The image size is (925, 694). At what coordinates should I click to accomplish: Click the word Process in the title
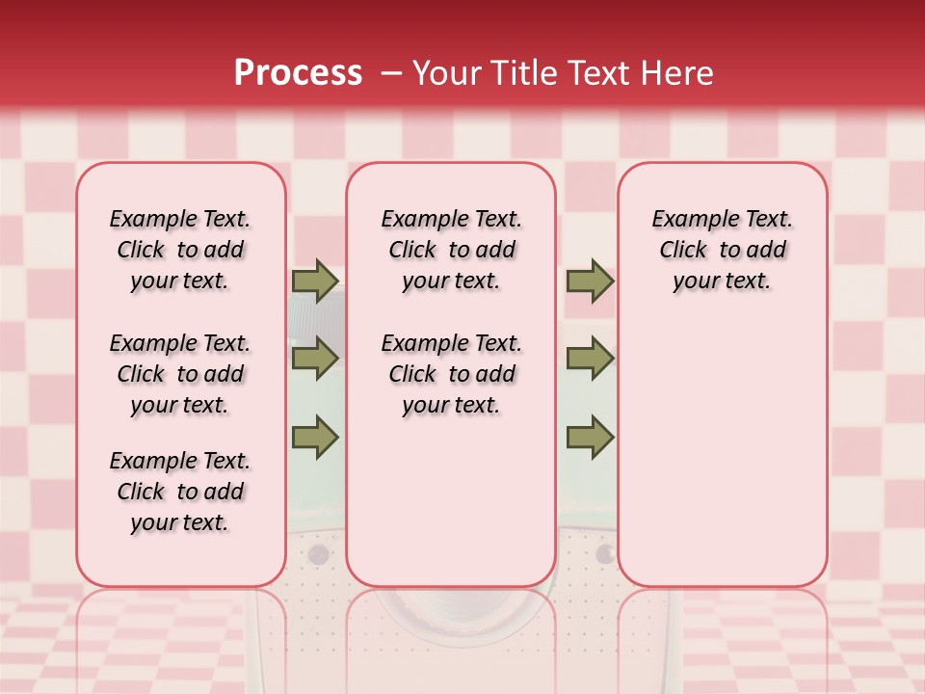click(x=298, y=73)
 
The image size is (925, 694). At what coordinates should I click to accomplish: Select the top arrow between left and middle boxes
click(x=315, y=281)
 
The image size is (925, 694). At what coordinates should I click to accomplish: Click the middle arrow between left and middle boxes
click(x=315, y=359)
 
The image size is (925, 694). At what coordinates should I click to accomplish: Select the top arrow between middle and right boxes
click(x=590, y=281)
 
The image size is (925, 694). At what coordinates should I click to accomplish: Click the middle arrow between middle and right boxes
click(x=590, y=359)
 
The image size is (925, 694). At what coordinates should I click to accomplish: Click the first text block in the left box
click(x=180, y=250)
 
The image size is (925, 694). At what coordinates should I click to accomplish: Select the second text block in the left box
click(x=180, y=374)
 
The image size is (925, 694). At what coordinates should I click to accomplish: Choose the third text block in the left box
click(x=180, y=492)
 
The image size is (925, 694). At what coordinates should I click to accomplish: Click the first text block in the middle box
click(x=451, y=250)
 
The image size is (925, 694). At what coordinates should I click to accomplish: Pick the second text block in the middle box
click(x=451, y=374)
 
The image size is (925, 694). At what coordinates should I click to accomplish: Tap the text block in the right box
click(x=723, y=250)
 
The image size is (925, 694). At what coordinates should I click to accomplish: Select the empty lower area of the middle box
click(x=451, y=501)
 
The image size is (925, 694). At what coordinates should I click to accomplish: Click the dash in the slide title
click(x=391, y=73)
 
